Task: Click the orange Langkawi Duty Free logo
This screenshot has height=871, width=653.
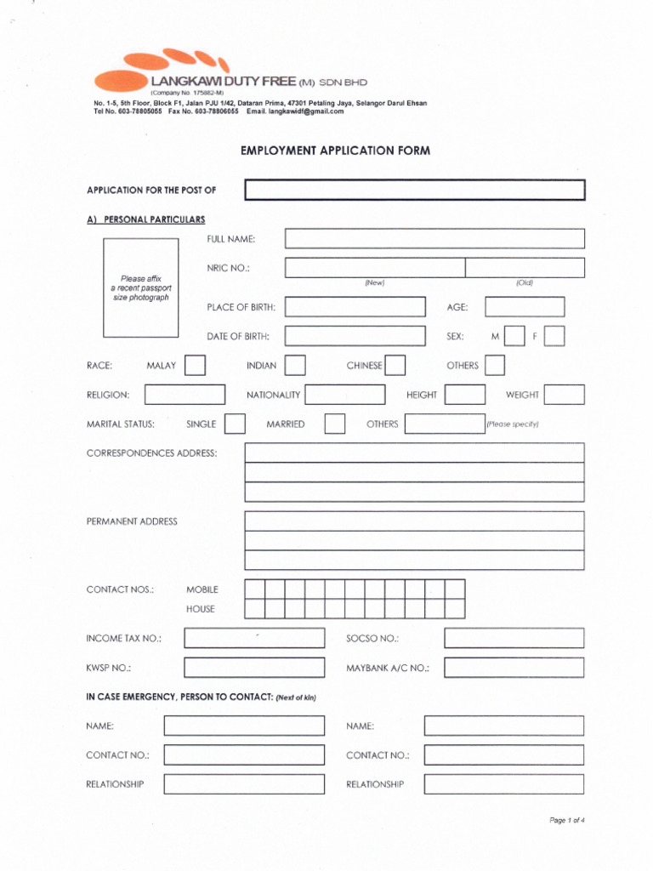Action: (x=162, y=70)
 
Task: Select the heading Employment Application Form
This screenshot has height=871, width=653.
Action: (x=335, y=151)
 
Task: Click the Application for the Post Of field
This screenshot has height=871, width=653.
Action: (x=415, y=190)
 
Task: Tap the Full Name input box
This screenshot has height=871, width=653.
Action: (x=434, y=238)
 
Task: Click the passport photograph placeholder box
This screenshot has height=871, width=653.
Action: (x=141, y=287)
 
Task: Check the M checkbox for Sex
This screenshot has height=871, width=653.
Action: (x=514, y=336)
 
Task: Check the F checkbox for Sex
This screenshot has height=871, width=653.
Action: (x=554, y=336)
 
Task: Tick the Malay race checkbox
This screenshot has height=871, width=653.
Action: (x=195, y=366)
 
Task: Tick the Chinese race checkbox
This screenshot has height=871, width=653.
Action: (x=395, y=366)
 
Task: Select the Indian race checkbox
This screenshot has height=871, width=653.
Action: (x=295, y=366)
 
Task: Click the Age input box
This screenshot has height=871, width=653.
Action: (x=525, y=307)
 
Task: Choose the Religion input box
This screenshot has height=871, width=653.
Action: (x=185, y=395)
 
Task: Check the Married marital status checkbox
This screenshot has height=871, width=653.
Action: (x=335, y=424)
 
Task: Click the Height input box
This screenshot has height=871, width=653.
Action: (x=465, y=395)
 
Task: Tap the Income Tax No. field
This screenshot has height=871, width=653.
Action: (x=254, y=638)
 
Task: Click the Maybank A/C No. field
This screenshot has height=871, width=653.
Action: (x=514, y=668)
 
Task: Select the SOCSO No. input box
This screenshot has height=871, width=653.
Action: (x=514, y=638)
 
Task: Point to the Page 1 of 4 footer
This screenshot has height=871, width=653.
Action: (x=567, y=821)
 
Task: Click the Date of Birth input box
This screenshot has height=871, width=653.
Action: (x=355, y=336)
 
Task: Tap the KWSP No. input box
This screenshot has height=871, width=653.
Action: (x=254, y=668)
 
